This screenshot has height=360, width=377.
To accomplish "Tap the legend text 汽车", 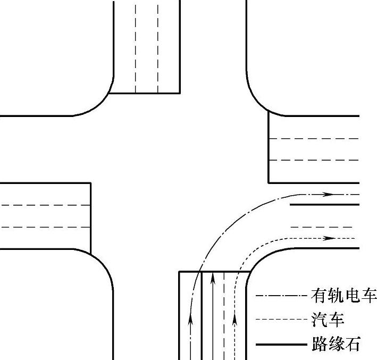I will (328, 320).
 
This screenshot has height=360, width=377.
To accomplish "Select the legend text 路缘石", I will (336, 345).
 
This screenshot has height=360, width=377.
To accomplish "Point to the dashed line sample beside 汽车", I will (282, 320).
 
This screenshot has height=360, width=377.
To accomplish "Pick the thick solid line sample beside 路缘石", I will (282, 345).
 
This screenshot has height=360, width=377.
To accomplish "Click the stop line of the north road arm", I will (145, 93).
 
